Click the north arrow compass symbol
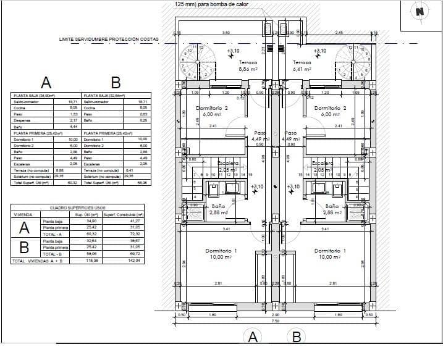click(x=420, y=12)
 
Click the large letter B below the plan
click(x=297, y=337)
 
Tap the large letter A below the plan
click(x=252, y=337)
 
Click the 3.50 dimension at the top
click(x=226, y=33)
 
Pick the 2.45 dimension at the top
click(x=339, y=33)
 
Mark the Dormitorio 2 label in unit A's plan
click(x=212, y=111)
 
